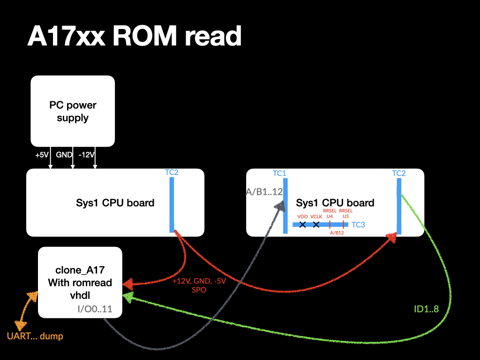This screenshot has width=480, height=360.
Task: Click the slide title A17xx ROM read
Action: tap(135, 36)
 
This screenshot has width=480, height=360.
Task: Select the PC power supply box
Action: tap(73, 111)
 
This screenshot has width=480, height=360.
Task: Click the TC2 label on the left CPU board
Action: tap(172, 172)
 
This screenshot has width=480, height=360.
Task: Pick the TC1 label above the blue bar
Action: tap(279, 173)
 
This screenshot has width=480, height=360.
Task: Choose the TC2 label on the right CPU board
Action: tap(399, 173)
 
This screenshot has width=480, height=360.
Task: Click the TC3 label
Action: tap(358, 225)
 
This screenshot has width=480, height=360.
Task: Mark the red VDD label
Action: tap(303, 217)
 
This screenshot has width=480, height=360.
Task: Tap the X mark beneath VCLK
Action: tap(316, 225)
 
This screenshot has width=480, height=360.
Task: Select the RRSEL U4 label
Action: tap(330, 214)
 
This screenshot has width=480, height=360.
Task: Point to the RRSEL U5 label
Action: tap(345, 214)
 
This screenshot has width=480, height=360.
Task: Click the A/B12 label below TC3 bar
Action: tap(337, 233)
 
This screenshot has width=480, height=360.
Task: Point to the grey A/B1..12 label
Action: tap(265, 191)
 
